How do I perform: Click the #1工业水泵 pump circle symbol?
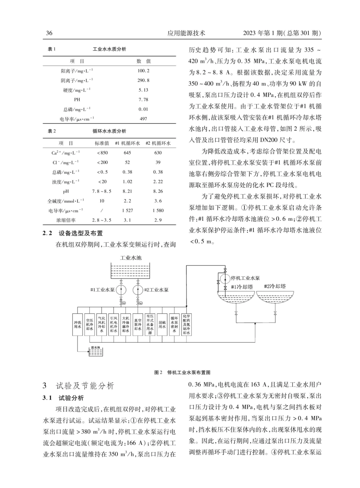pyautogui.click(x=121, y=290)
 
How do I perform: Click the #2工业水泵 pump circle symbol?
pyautogui.click(x=138, y=290)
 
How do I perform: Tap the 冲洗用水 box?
pyautogui.click(x=78, y=324)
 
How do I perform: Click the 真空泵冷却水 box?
pyautogui.click(x=138, y=324)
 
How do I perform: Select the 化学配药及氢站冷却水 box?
pyautogui.click(x=186, y=324)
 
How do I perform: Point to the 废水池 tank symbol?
pyautogui.click(x=95, y=352)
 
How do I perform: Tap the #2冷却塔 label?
pyautogui.click(x=275, y=287)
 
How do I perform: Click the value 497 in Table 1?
pyautogui.click(x=143, y=119)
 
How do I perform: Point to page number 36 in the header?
pyautogui.click(x=49, y=33)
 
